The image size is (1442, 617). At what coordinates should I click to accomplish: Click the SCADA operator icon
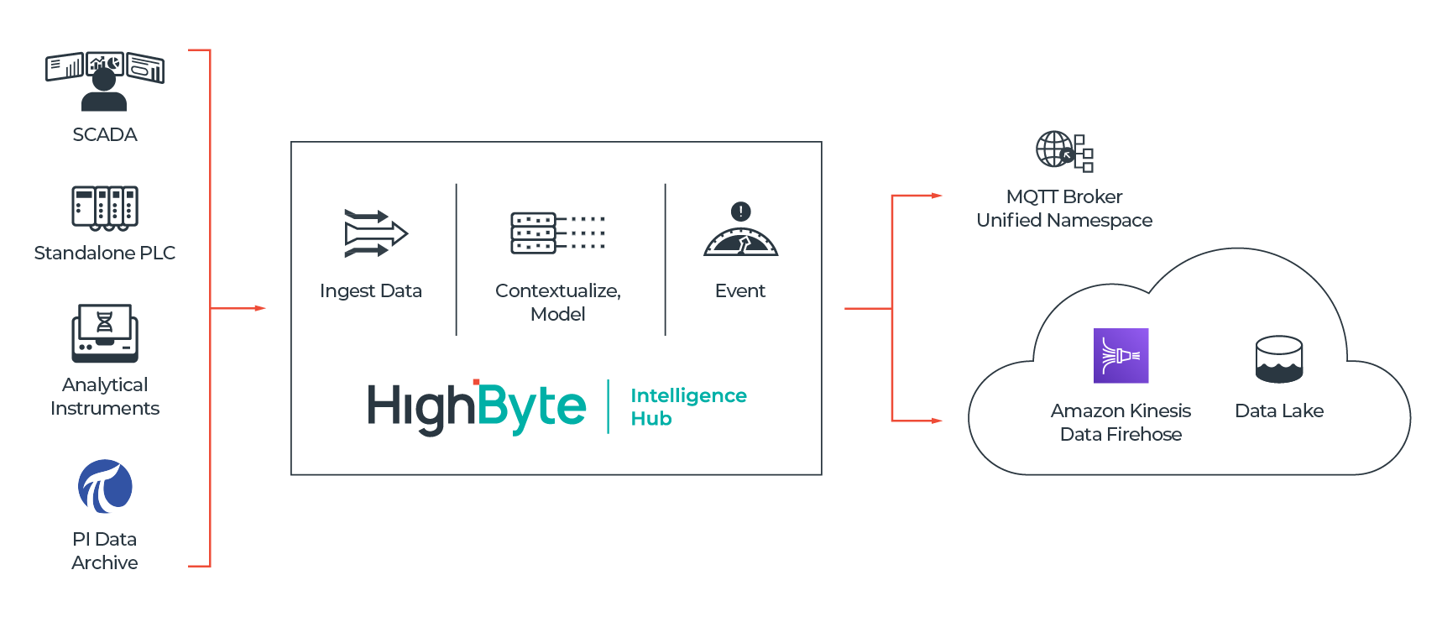coord(104,81)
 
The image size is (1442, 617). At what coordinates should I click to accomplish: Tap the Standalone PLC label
coord(105,253)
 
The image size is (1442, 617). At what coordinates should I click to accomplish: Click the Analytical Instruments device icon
coord(105,332)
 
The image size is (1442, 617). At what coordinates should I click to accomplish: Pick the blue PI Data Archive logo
coord(105,486)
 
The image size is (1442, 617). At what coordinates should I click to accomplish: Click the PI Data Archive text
coord(105,551)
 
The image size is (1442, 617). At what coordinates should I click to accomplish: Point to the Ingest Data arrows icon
coord(375,233)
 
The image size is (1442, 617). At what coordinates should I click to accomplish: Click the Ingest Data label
coord(370,290)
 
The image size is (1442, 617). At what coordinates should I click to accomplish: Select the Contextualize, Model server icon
coord(557,233)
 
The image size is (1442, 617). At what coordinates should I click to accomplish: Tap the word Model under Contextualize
coord(557,314)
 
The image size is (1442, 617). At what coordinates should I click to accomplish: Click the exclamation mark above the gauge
coord(740,211)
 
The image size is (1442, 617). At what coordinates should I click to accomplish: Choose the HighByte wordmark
coord(476,407)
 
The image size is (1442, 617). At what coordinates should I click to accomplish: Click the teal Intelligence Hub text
coord(687,406)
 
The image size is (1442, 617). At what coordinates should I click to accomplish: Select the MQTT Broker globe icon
coord(1063,151)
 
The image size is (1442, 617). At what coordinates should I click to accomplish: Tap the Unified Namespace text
coord(1063,220)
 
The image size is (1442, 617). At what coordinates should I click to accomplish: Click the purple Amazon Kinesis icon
coord(1121,356)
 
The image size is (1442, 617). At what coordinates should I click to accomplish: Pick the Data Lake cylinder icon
coord(1278,359)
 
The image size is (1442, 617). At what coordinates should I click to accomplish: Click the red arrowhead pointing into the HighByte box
coord(260,309)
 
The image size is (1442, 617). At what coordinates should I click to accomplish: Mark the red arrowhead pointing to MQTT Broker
coord(937,196)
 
